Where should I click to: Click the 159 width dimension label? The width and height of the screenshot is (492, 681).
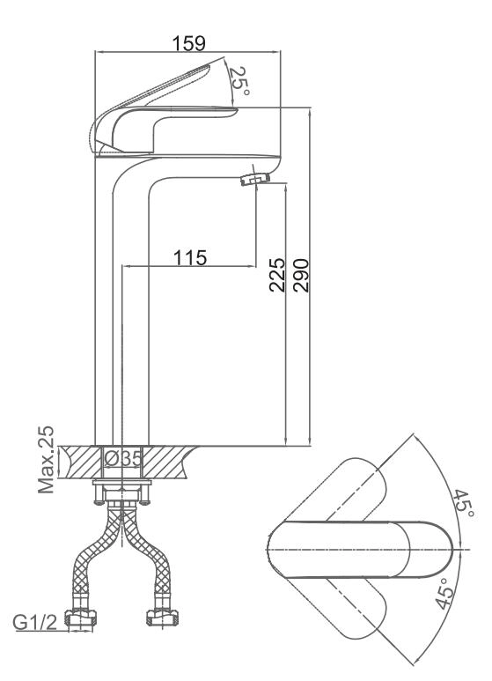tap(188, 43)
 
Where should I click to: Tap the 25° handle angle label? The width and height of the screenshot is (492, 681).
tap(239, 81)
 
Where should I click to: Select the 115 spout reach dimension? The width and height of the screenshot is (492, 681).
tap(190, 257)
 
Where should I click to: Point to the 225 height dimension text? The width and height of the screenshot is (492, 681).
tap(277, 275)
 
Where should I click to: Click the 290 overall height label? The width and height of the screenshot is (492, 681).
tap(301, 276)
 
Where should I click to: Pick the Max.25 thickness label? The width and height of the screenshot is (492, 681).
tap(47, 460)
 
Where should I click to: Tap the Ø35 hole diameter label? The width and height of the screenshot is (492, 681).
tap(123, 458)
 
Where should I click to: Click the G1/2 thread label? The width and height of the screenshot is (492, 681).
tap(34, 623)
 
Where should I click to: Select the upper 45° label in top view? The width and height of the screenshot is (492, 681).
tap(464, 504)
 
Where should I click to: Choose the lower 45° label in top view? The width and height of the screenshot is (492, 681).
tap(445, 594)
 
